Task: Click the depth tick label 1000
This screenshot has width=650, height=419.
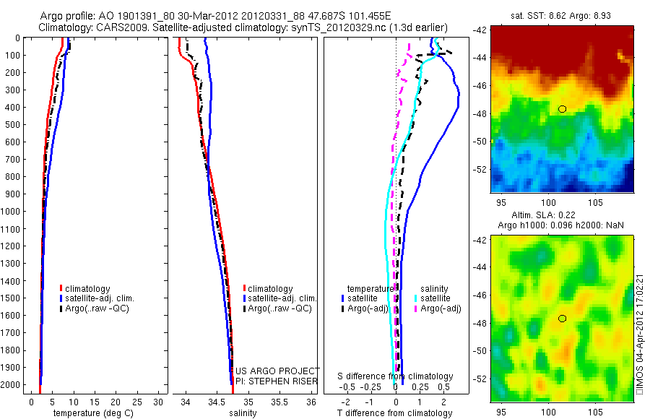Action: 12,211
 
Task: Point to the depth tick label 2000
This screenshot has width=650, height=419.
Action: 12,384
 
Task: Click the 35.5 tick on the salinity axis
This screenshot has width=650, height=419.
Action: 279,401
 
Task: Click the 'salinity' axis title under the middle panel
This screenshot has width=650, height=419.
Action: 242,413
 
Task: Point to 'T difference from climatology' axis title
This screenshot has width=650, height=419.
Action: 396,413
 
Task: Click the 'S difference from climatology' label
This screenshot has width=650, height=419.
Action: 396,376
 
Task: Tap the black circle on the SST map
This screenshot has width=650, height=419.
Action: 562,109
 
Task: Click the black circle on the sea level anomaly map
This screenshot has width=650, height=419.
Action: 562,319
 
